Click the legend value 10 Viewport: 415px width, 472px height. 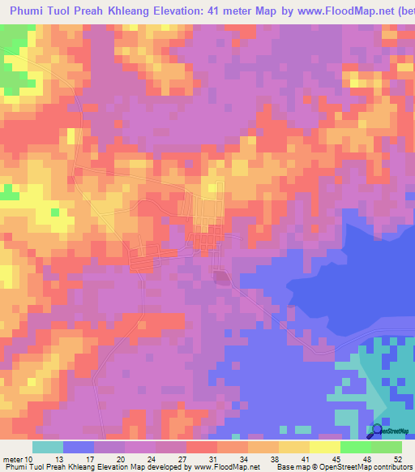(x=30, y=459)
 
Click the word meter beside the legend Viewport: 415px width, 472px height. (x=12, y=459)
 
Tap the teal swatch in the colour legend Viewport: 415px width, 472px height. (x=48, y=447)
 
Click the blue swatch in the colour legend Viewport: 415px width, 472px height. (x=79, y=447)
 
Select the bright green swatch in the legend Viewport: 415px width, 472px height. (x=356, y=447)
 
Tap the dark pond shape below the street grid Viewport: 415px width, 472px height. (x=220, y=277)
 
